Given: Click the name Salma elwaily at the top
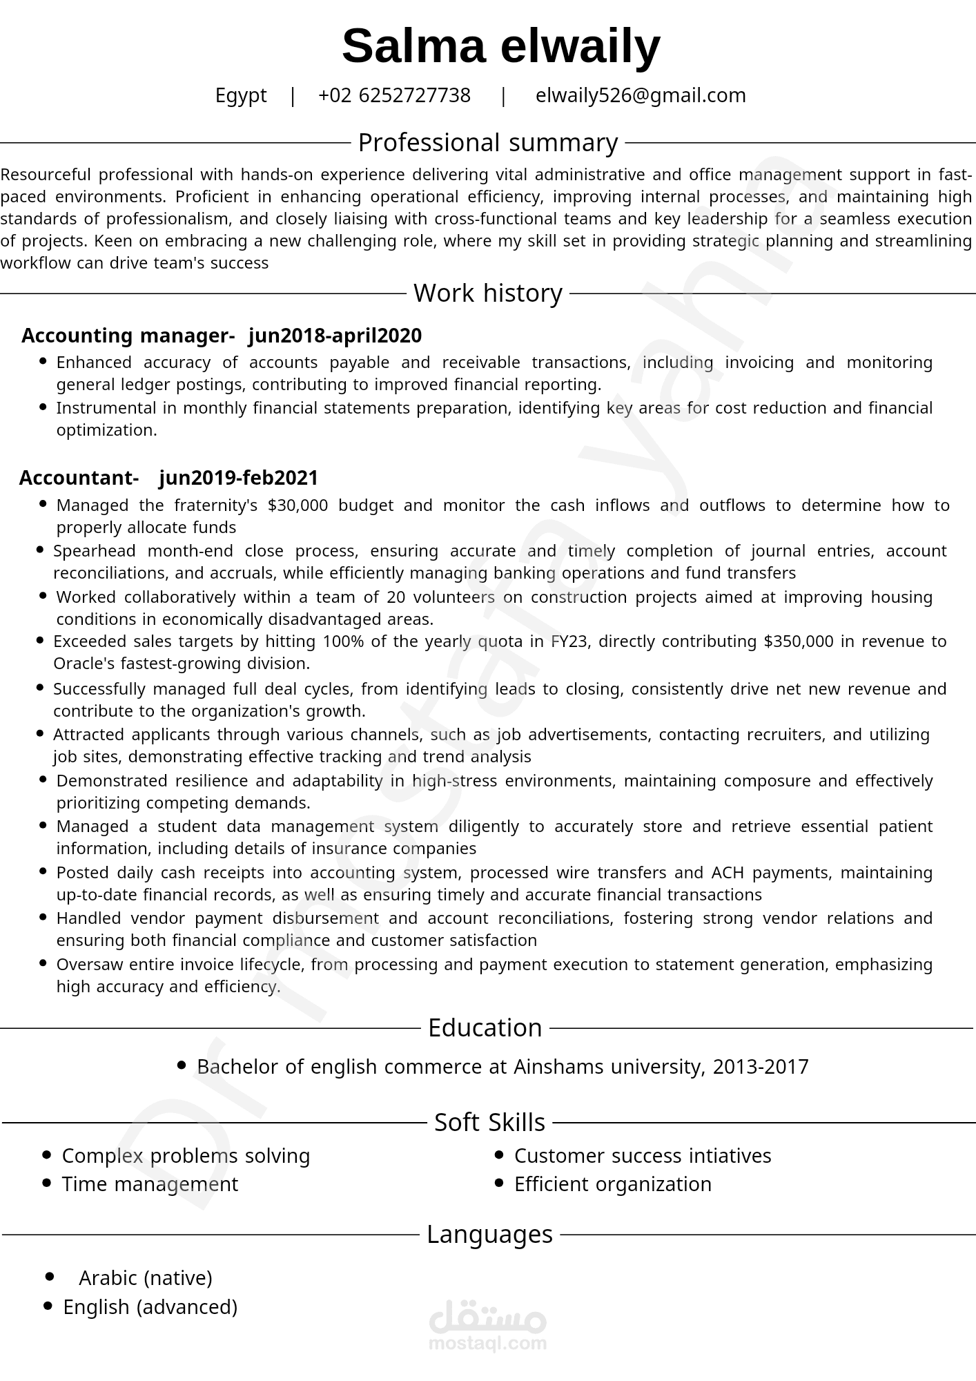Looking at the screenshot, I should (x=500, y=46).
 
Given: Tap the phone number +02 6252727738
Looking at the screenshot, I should (x=394, y=95).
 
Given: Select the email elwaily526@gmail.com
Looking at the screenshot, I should (x=641, y=95).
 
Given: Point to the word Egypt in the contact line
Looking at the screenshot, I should (x=241, y=95).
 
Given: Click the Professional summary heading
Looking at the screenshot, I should (x=487, y=143).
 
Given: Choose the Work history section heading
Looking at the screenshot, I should (x=487, y=293).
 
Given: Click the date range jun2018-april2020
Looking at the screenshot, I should (x=335, y=336).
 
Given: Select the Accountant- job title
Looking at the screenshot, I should (x=79, y=478).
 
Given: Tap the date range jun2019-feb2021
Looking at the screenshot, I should (x=239, y=478).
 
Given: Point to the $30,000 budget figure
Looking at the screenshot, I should (x=297, y=505).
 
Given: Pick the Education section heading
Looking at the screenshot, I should (x=485, y=1028).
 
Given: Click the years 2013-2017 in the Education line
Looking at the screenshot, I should (x=760, y=1067).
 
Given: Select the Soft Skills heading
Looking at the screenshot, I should (x=489, y=1123).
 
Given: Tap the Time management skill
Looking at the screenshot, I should (x=150, y=1184).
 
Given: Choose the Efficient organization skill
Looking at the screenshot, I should (x=613, y=1184).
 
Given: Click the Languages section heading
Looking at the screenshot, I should (x=489, y=1235).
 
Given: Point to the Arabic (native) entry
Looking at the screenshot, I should (x=146, y=1278).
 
